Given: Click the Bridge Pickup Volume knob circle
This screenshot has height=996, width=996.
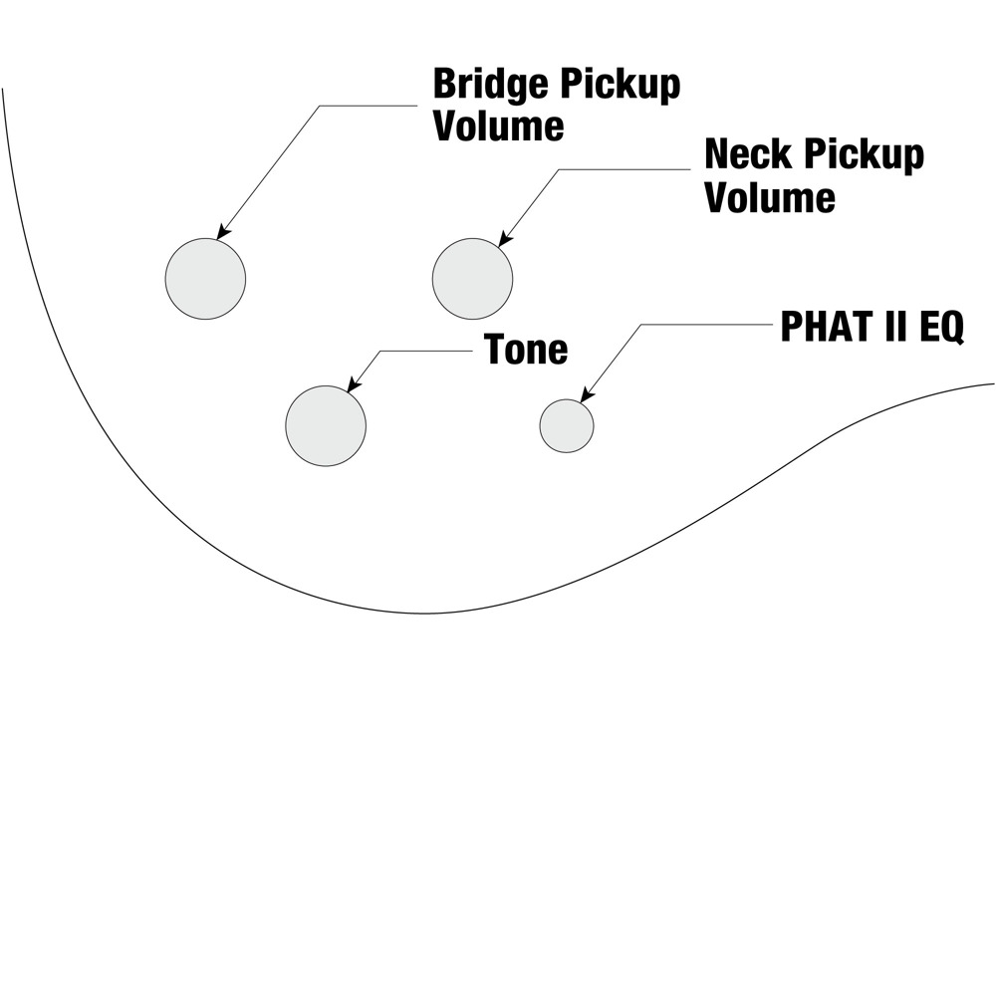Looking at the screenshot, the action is [x=205, y=279].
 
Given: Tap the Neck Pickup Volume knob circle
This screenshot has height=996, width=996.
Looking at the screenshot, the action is [x=472, y=279].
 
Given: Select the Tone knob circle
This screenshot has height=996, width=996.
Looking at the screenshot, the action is [x=326, y=425].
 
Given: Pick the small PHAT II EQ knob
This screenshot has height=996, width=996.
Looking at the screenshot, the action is [x=567, y=425].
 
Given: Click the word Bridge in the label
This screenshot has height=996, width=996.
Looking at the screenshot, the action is [x=490, y=85].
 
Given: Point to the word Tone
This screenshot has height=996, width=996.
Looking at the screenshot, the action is [x=526, y=349].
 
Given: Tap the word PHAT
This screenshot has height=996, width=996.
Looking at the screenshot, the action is [x=824, y=327].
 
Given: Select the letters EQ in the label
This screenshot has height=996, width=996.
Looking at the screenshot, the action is [x=942, y=328].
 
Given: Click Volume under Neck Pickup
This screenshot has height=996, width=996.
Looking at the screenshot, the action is [x=770, y=197].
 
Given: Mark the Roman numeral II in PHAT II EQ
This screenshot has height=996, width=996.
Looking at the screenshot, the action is [x=893, y=327].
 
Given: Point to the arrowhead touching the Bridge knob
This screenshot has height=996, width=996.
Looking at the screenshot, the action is [x=222, y=232].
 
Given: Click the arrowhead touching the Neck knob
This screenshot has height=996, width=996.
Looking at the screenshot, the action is [x=504, y=238].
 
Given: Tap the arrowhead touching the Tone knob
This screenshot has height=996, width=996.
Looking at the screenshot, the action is [x=354, y=384].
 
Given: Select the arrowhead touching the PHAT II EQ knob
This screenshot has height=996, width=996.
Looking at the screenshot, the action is [x=588, y=394].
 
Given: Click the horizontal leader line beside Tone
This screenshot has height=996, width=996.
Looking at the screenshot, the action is [x=426, y=352].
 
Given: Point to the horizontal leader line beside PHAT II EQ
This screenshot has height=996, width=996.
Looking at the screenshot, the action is [x=706, y=325].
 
